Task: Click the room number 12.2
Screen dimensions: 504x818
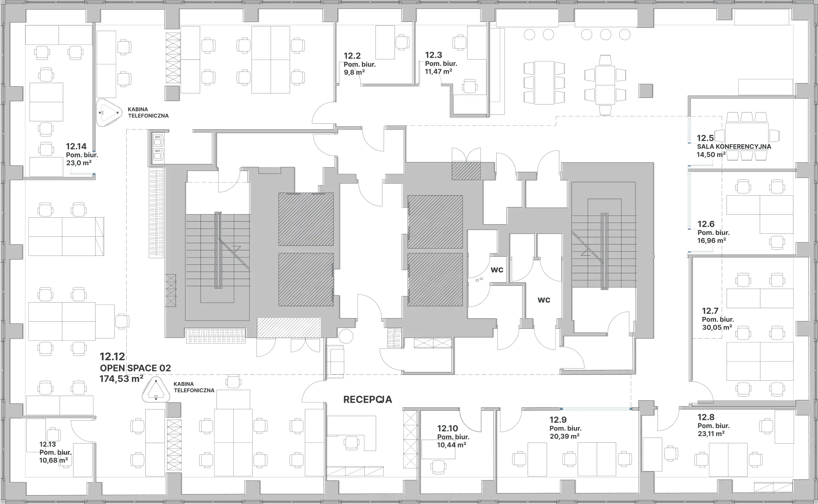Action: [352, 56]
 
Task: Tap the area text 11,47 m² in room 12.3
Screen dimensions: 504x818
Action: [438, 71]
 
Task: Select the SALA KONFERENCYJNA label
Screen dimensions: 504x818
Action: [734, 147]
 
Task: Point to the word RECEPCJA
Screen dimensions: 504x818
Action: [368, 399]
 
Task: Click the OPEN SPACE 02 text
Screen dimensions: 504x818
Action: [135, 368]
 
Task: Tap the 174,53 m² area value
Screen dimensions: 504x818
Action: [121, 379]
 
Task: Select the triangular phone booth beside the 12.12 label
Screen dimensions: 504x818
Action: [156, 390]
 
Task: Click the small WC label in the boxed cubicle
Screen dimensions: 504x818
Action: [497, 270]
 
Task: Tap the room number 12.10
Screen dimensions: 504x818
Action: [447, 428]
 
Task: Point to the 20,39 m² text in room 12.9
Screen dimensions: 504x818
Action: [564, 436]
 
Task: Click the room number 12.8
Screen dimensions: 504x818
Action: [706, 417]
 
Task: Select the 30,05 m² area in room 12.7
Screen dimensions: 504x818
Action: [717, 327]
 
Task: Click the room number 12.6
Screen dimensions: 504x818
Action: [706, 224]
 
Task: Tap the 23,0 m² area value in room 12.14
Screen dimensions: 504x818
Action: [79, 163]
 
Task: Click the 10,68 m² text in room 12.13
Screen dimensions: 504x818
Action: [53, 460]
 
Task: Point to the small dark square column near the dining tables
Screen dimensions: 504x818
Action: [646, 91]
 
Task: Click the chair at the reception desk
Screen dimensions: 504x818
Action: [351, 443]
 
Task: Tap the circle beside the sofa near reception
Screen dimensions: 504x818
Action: [346, 336]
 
